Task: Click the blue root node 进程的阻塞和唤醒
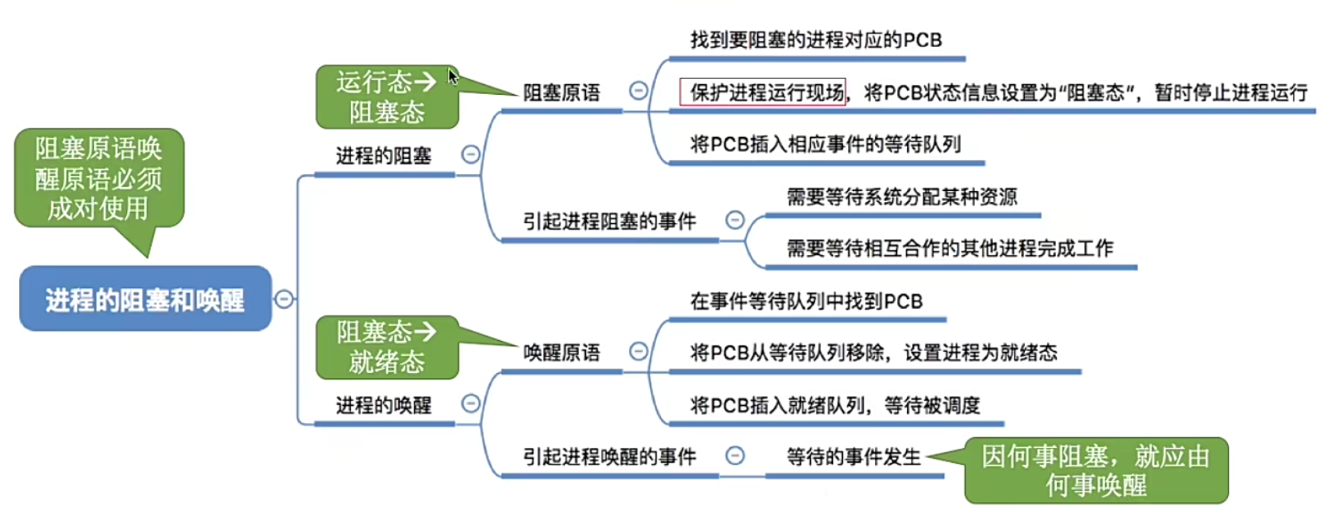145,299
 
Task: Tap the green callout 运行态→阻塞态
386,97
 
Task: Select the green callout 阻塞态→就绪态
386,347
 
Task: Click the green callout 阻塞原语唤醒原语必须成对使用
99,178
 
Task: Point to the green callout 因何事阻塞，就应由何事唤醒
1095,470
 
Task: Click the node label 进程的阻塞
383,155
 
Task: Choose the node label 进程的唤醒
383,405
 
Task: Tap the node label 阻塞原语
561,93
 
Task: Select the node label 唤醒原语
561,352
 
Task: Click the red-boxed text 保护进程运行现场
762,92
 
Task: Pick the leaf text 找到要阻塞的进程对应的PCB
816,40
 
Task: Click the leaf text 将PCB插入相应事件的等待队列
825,145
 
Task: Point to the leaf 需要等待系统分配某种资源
901,197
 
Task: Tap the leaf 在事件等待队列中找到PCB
806,302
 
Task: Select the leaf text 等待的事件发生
853,457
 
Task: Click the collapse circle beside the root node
284,299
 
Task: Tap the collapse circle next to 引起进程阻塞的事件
734,220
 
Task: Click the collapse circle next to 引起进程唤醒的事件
734,455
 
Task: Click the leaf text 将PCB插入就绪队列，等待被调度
834,406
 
